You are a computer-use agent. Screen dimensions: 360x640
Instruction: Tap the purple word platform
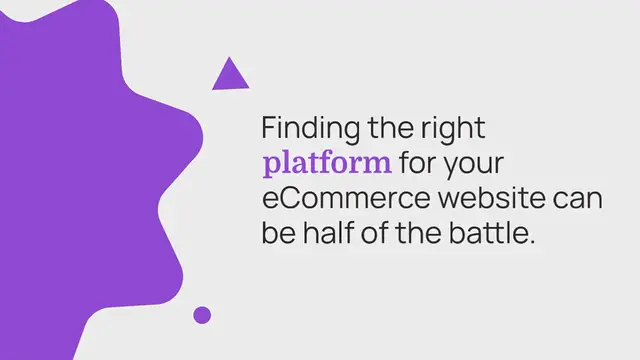point(326,163)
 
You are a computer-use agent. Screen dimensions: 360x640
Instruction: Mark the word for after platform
point(419,163)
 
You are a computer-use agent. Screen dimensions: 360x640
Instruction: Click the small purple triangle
point(230,76)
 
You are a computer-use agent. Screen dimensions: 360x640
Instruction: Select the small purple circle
point(202,315)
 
